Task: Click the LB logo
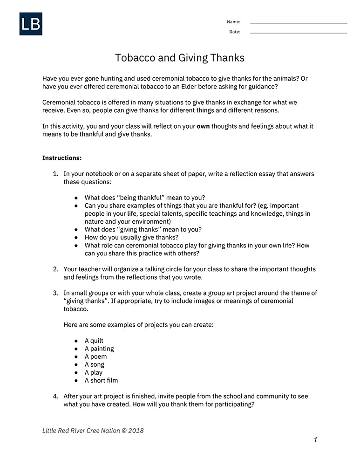[31, 24]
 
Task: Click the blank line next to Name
[299, 23]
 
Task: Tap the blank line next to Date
[299, 33]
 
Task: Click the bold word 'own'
[203, 126]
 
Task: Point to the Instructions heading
[62, 158]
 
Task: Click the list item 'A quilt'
[94, 341]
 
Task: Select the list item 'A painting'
[99, 349]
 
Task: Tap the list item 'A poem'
[95, 356]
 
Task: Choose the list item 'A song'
[95, 364]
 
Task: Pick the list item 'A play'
[94, 372]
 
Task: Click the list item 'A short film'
[101, 380]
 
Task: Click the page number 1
[315, 439]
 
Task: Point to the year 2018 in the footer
[136, 431]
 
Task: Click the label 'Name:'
[233, 22]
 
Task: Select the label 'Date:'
[234, 32]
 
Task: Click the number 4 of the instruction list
[55, 396]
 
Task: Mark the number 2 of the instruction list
[55, 269]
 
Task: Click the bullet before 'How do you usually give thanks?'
[76, 237]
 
